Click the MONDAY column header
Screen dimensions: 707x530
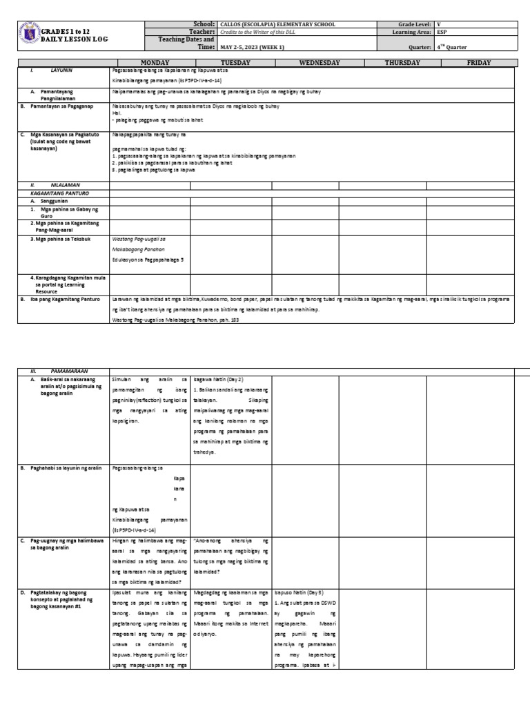pos(150,63)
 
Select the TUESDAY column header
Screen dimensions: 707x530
pos(230,63)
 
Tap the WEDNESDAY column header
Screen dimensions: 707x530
pos(320,63)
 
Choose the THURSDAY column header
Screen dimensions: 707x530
pos(402,63)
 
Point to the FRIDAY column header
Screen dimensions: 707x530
pos(478,63)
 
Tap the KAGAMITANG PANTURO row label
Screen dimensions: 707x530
pos(55,193)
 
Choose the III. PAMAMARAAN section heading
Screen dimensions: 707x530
pos(55,371)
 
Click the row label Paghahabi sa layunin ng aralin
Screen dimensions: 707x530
pos(66,468)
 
